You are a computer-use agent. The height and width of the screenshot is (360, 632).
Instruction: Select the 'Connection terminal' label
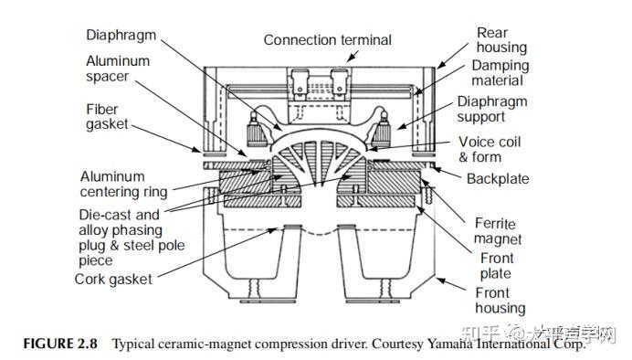coord(327,40)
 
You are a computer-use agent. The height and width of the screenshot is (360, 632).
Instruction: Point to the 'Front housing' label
coord(500,301)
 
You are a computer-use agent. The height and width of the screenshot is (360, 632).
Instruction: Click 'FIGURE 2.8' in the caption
coord(62,344)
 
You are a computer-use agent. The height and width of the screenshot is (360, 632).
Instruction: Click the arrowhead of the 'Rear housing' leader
coord(439,67)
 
